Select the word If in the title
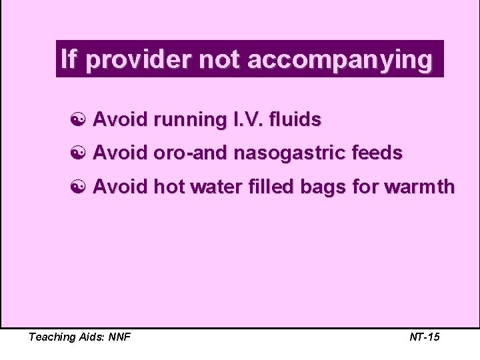[x=68, y=59]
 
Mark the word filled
[x=264, y=187]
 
